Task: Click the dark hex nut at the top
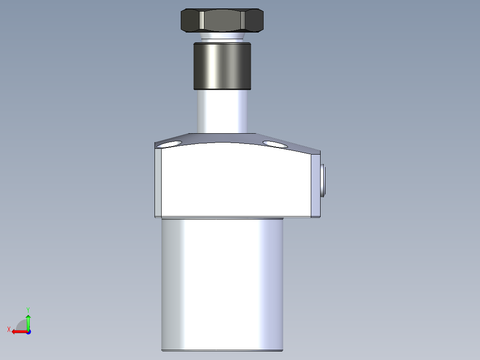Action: [x=221, y=20]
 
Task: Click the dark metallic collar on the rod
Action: [x=221, y=65]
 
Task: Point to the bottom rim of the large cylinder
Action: [x=221, y=350]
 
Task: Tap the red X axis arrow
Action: [x=18, y=331]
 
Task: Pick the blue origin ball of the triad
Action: [x=28, y=331]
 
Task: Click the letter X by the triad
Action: [x=9, y=329]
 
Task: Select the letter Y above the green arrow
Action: [x=28, y=309]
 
